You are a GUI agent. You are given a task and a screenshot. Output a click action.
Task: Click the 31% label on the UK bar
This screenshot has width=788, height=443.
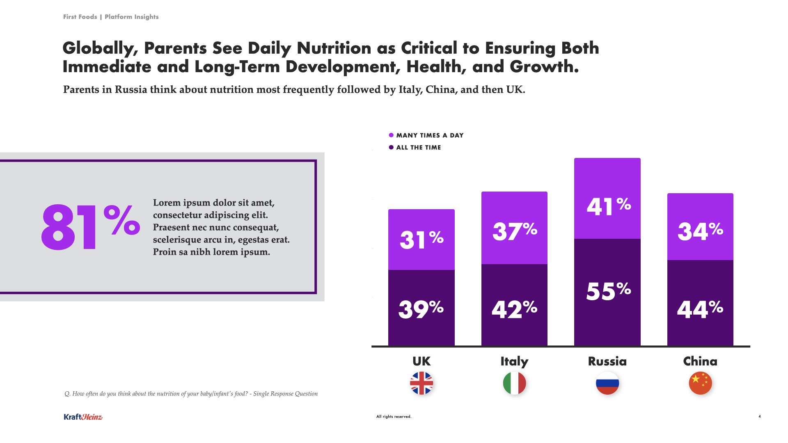click(421, 240)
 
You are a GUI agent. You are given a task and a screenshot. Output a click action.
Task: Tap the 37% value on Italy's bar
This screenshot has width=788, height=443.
click(515, 231)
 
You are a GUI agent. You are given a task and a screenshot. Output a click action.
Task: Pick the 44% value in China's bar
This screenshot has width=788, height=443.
click(700, 309)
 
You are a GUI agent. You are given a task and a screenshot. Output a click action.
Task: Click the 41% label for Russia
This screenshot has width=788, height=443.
click(609, 206)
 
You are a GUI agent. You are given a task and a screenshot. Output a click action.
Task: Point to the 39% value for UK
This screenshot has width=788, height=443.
click(421, 309)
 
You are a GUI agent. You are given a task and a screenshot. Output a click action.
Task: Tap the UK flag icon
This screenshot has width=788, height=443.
click(421, 383)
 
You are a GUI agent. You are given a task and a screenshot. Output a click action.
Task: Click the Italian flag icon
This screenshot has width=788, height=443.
click(514, 383)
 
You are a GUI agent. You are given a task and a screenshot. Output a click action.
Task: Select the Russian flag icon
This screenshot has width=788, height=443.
click(607, 383)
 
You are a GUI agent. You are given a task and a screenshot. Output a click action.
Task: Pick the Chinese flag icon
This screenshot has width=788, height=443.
click(700, 383)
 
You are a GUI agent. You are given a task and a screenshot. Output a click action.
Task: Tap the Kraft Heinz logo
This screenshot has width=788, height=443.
click(83, 417)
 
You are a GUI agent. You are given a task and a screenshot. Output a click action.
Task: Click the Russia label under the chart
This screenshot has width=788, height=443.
click(607, 361)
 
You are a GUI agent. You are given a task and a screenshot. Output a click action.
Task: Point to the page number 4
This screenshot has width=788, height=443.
click(759, 416)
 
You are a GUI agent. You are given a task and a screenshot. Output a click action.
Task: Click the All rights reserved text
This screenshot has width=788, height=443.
click(394, 416)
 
